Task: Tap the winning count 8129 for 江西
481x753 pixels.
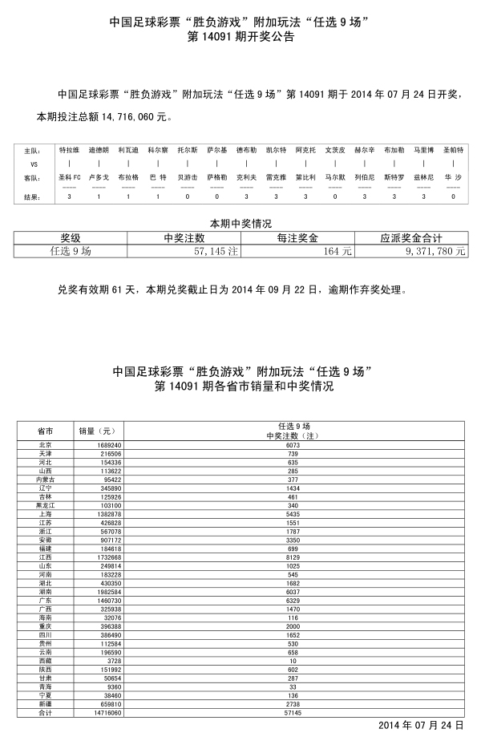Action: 293,557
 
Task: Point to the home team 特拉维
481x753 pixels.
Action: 70,150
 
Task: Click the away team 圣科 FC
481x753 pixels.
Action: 70,176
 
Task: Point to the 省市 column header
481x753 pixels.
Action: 46,431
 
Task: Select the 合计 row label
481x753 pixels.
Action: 46,712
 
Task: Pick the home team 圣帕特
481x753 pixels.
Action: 453,150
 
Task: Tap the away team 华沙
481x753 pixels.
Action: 453,176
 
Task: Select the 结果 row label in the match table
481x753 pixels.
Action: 32,196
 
